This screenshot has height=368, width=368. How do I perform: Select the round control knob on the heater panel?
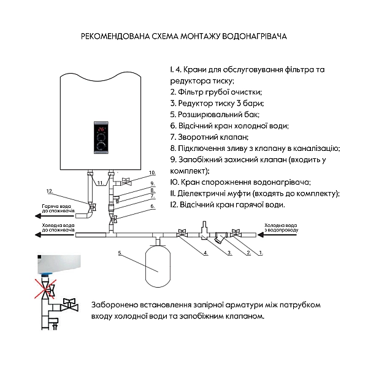[101, 145]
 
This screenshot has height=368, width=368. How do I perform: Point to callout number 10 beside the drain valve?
[153, 173]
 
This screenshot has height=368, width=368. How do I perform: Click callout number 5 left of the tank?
[121, 252]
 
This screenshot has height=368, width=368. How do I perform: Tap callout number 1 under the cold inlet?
[260, 252]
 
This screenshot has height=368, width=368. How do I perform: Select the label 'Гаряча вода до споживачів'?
[58, 208]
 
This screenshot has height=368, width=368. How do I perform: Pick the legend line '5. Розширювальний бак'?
[215, 114]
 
